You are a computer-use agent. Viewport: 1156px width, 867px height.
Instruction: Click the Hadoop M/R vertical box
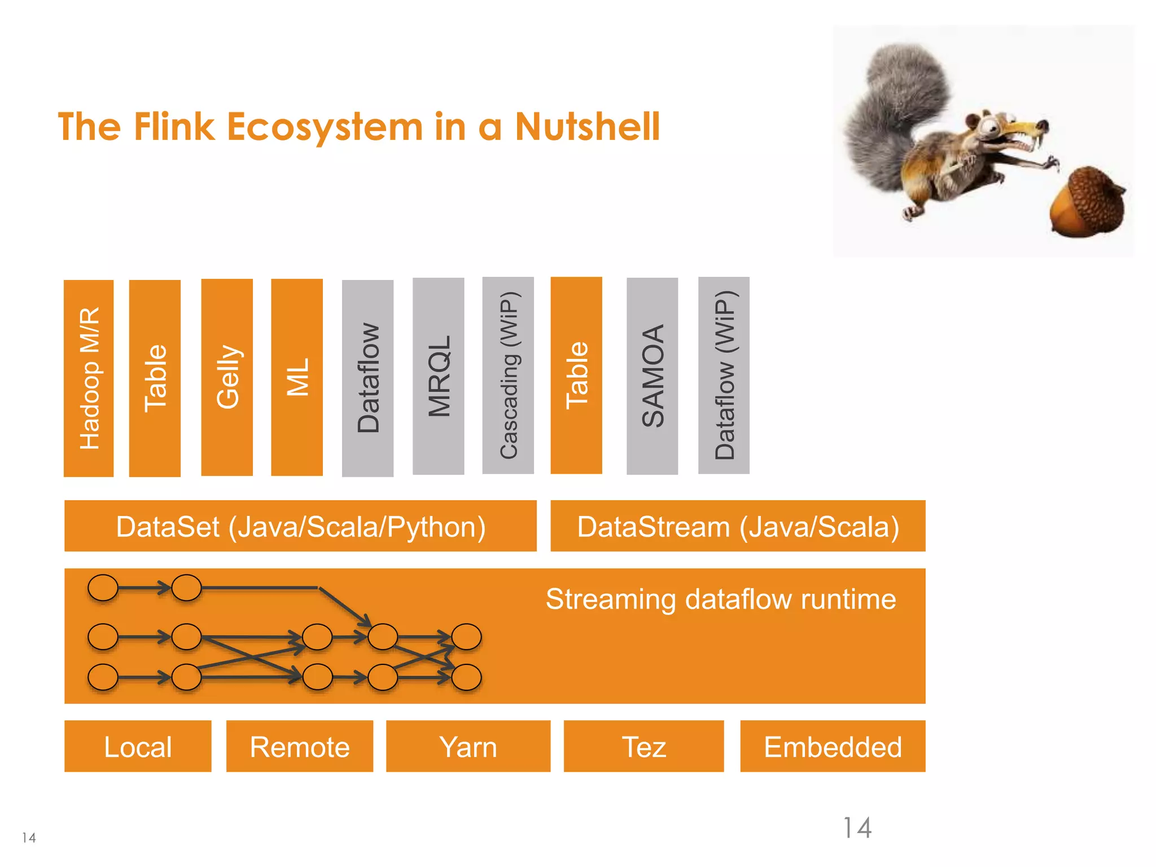[x=89, y=378]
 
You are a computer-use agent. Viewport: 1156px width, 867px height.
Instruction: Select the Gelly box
[x=227, y=377]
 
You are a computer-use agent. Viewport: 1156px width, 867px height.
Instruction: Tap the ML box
[x=297, y=377]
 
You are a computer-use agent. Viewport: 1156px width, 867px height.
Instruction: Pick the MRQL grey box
[x=439, y=376]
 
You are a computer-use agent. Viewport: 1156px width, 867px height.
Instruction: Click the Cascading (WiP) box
[x=508, y=375]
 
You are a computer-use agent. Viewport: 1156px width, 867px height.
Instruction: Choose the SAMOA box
[x=652, y=376]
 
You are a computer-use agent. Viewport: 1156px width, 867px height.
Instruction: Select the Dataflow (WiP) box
[x=724, y=375]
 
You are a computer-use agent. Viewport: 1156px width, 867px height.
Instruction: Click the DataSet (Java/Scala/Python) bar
[x=300, y=526]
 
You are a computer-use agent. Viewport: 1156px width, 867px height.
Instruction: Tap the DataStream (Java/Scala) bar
[x=738, y=526]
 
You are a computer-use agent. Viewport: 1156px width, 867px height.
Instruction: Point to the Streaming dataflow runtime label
[x=720, y=599]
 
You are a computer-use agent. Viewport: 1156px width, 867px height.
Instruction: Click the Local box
[x=138, y=746]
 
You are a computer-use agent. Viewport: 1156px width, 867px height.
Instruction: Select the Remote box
[x=300, y=746]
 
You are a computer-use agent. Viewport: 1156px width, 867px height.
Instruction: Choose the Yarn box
[x=468, y=746]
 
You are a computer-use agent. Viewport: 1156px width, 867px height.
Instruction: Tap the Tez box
[x=643, y=746]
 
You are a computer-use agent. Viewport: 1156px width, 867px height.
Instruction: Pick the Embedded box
[x=833, y=746]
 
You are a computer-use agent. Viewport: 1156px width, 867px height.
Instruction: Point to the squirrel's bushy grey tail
[x=892, y=113]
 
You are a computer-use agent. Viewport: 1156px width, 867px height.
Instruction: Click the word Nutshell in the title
[x=587, y=126]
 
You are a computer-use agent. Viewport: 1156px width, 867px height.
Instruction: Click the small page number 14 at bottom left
[x=29, y=838]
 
